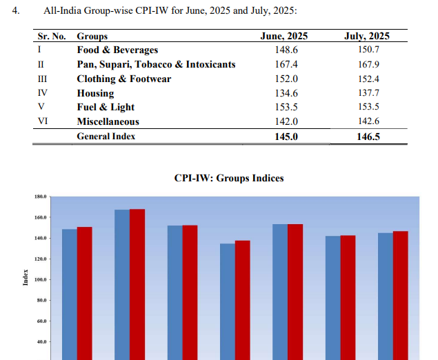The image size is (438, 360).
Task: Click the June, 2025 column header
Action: [x=284, y=35]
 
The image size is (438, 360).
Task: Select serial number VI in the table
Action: [x=42, y=121]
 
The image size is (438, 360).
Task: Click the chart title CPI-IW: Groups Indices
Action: [x=229, y=178]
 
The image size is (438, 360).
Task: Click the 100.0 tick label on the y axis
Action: [x=39, y=280]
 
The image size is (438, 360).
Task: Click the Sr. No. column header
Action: [x=51, y=35]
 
